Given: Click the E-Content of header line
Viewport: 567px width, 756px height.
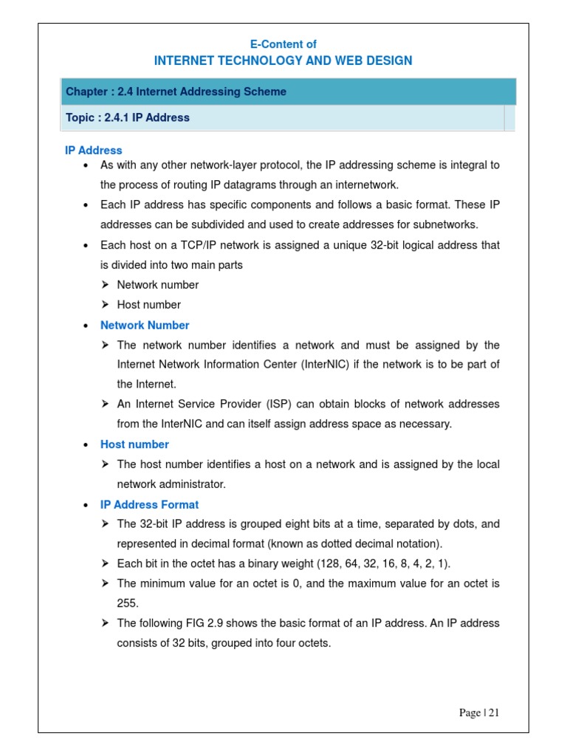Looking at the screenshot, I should [283, 44].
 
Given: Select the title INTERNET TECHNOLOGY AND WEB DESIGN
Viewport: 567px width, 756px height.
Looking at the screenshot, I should [283, 61].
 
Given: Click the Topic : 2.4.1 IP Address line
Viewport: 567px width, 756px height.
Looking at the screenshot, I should [128, 117].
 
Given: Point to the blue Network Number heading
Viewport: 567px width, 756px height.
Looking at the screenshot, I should [145, 325].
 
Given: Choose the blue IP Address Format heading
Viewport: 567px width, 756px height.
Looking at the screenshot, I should [149, 504].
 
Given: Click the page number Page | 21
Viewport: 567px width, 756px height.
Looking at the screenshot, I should [479, 712].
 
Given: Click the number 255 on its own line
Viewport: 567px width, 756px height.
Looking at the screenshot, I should [128, 603].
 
